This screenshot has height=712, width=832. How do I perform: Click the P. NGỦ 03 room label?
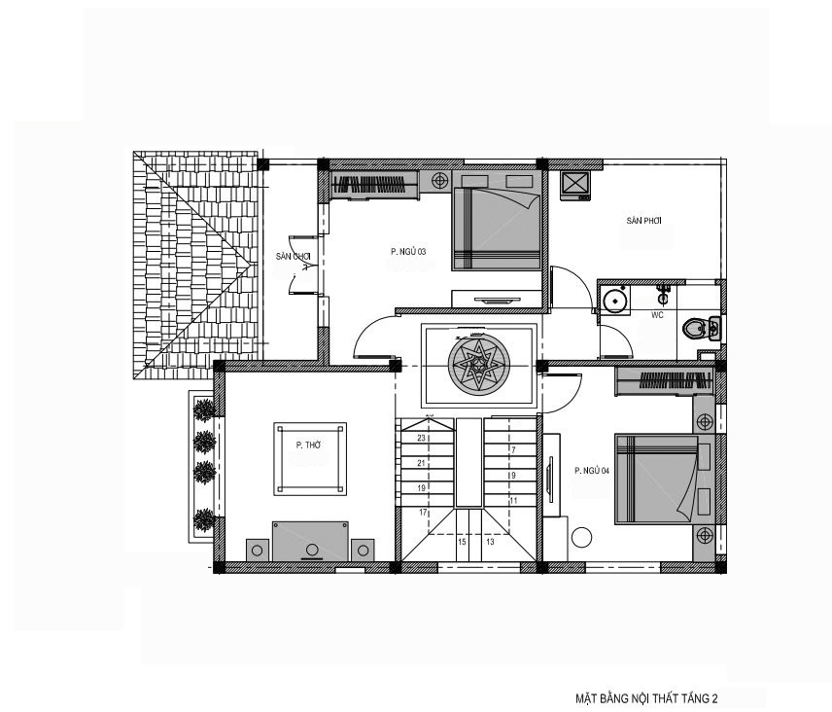click(x=408, y=252)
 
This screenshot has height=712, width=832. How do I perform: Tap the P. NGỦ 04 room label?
click(x=592, y=471)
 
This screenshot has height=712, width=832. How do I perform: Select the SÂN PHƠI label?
click(x=643, y=221)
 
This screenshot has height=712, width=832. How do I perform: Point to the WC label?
click(x=657, y=315)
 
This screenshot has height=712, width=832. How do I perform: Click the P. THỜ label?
click(x=308, y=445)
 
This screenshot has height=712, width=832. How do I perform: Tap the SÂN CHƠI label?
click(x=293, y=257)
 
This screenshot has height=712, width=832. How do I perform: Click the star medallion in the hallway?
click(x=478, y=365)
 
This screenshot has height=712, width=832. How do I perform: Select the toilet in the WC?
click(x=701, y=328)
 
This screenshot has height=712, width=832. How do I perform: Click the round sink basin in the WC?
click(x=615, y=302)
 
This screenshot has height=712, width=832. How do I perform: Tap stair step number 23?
click(x=421, y=438)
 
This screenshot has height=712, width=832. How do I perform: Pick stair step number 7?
click(x=513, y=450)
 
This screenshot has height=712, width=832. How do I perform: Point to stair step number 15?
click(x=462, y=542)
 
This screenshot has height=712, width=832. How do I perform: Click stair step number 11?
click(x=513, y=501)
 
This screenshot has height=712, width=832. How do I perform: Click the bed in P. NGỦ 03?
click(x=497, y=221)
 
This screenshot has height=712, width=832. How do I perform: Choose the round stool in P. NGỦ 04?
click(x=581, y=537)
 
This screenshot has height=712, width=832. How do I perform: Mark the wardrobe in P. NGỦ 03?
click(x=374, y=184)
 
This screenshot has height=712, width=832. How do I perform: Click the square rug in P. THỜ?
click(x=310, y=459)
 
